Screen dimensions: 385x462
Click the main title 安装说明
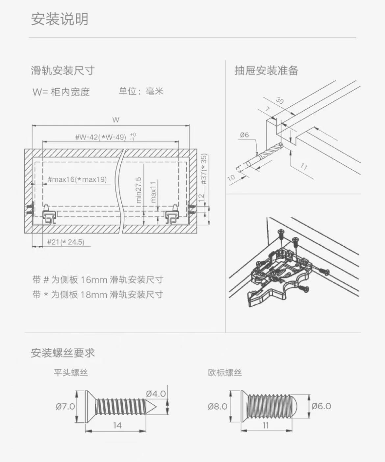pos(60,19)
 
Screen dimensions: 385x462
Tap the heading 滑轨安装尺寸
pos(63,70)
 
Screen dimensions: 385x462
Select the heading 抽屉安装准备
pos(267,70)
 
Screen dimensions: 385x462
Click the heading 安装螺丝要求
pos(63,353)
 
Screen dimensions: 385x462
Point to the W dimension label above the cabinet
pos(115,120)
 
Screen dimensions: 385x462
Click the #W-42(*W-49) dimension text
pos(101,137)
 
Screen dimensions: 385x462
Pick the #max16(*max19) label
pos(77,179)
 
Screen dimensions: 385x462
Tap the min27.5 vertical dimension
pos(139,190)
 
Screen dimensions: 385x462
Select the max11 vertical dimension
pos(153,192)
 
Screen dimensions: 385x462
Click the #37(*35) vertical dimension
pos(204,169)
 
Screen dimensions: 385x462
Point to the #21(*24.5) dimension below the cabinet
pos(66,242)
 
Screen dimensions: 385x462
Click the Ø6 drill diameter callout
pos(244,135)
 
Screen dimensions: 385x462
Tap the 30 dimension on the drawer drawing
pos(280,101)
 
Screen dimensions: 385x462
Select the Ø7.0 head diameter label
pos(65,406)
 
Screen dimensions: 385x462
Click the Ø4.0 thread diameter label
pos(156,394)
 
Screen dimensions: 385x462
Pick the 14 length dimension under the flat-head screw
pos(117,425)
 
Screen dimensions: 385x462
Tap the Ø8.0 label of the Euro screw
pos(218,406)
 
